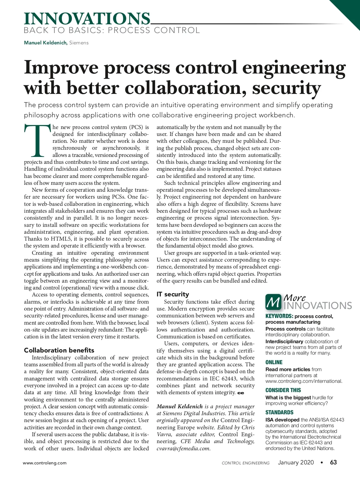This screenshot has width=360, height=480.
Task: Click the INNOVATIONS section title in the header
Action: (x=87, y=19)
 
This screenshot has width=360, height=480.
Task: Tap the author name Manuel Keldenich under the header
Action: (x=46, y=43)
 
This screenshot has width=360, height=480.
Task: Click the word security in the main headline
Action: (x=286, y=88)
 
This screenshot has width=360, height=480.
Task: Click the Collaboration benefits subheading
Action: (x=59, y=350)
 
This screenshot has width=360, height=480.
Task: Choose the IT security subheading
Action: (x=173, y=294)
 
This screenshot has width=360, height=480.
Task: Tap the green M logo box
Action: (x=273, y=302)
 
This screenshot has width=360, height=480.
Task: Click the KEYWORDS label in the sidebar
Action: (x=279, y=316)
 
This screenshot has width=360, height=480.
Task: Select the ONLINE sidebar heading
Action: (x=274, y=362)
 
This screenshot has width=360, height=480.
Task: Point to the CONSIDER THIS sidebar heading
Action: (x=283, y=390)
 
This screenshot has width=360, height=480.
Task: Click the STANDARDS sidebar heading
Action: (x=279, y=412)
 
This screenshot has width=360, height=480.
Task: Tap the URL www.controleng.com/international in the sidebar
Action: (x=304, y=381)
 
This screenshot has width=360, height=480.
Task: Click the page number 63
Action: (x=333, y=462)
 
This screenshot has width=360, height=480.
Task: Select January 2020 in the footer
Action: (x=296, y=462)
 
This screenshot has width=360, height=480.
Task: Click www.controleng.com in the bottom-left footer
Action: (x=45, y=463)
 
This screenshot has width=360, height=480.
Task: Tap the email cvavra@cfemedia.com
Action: (x=183, y=448)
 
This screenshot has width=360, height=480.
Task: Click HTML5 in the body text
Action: (x=61, y=239)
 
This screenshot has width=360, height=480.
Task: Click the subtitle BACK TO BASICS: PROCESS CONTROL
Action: (x=112, y=30)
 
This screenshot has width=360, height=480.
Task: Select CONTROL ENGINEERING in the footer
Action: (x=245, y=463)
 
